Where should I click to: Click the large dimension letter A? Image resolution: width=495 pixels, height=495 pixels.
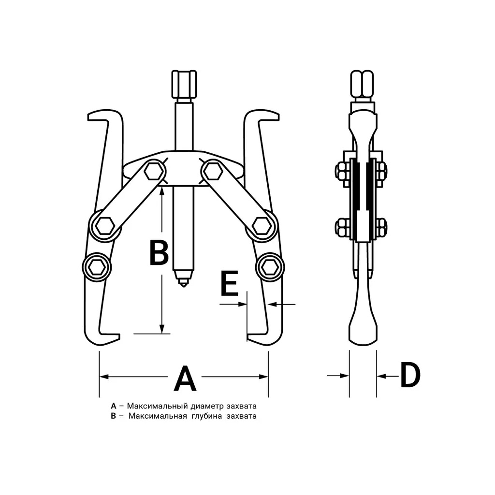coord(185,378)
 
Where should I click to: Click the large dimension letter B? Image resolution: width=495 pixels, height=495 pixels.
coord(159,252)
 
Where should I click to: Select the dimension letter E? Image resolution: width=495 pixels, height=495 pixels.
coord(230,283)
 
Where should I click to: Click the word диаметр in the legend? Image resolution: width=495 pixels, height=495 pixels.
coord(202,406)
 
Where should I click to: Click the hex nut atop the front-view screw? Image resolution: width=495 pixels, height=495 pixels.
coord(184,84)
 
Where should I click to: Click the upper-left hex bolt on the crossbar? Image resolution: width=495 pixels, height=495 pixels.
coord(154,172)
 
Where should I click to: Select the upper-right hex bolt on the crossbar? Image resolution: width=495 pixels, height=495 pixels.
coord(213,172)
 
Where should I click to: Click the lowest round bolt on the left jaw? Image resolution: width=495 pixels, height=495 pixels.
coord(97,267)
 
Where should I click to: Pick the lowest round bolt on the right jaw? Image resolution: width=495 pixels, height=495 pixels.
coord(270,267)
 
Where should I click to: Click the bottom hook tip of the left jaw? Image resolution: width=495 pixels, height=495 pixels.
coord(119,337)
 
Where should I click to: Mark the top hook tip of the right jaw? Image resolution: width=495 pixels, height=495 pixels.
coord(278,117)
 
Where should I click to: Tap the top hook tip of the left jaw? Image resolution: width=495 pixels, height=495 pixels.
coord(89,117)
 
